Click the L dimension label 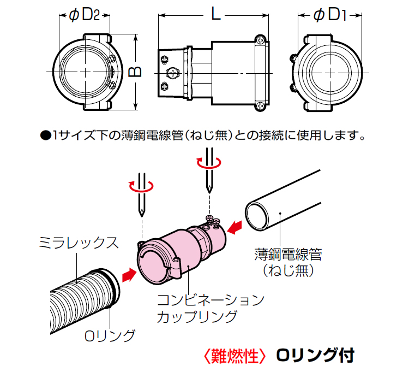point(215,15)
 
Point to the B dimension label point(136,72)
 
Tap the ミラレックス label point(79,243)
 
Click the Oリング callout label point(110,335)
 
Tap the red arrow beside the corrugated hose point(128,275)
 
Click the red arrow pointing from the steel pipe point(235,226)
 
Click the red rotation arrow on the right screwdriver point(209,162)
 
